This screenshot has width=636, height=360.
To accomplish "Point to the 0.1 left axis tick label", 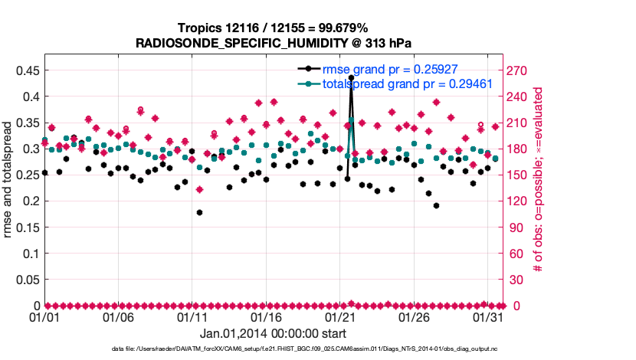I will point(30,253).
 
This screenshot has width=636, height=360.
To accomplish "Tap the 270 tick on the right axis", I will point(518,70).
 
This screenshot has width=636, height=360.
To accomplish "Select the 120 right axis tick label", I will point(518,201).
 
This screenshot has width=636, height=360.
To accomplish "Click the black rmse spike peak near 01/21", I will point(351,77).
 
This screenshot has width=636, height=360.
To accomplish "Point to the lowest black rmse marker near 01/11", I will point(199,212).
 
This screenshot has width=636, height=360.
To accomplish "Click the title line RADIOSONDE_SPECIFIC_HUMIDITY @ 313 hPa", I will point(274,43).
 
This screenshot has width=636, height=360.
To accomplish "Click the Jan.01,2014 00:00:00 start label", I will point(274,333).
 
